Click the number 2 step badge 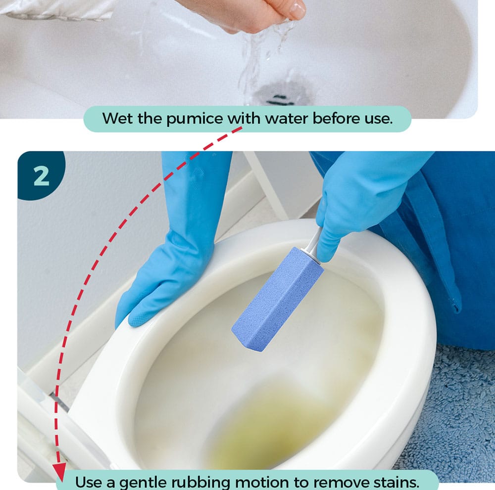click(x=41, y=176)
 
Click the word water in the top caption click(x=286, y=119)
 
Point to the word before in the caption click(x=335, y=119)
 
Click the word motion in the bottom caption click(x=262, y=482)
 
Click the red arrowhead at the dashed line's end click(x=59, y=471)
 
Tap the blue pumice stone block click(x=278, y=299)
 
